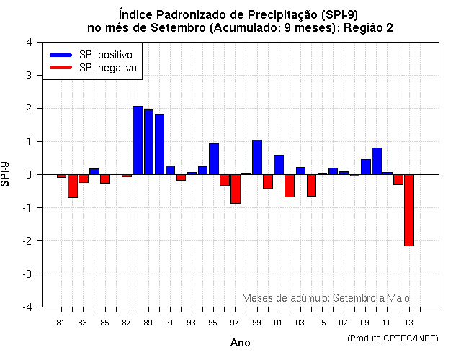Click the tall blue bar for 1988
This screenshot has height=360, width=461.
(138, 140)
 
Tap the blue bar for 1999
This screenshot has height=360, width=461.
(257, 157)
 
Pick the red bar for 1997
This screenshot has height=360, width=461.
(236, 189)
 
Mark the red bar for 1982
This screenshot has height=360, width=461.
(73, 186)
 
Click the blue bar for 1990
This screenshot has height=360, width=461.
(159, 145)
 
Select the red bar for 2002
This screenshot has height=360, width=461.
(290, 186)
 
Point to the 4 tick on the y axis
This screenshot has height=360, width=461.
(28, 42)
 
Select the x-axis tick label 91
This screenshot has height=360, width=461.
(170, 323)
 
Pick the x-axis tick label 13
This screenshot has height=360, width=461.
(409, 323)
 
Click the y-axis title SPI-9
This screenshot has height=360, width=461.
(6, 174)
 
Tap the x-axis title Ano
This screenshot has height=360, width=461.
(241, 343)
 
